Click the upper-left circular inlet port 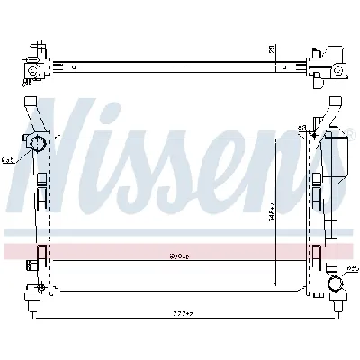[40, 144]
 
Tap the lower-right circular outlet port [335, 285]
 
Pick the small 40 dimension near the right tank [301, 128]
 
